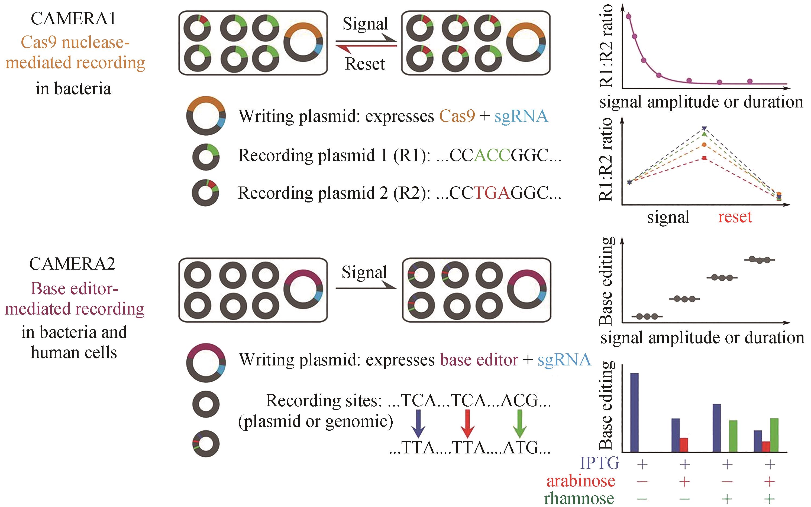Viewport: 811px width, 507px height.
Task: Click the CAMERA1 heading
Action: pyautogui.click(x=73, y=19)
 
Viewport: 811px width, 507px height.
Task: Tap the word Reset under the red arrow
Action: pyautogui.click(x=365, y=64)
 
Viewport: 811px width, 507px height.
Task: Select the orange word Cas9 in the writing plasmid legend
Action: pyautogui.click(x=457, y=116)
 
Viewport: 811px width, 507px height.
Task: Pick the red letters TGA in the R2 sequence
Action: pyautogui.click(x=492, y=193)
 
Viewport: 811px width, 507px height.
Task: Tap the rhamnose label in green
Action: pyautogui.click(x=579, y=499)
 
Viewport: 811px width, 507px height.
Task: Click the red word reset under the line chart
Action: pyautogui.click(x=735, y=217)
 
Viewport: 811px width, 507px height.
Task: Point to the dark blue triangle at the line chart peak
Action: pyautogui.click(x=704, y=128)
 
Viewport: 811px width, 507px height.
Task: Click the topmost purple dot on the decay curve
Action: pyautogui.click(x=628, y=16)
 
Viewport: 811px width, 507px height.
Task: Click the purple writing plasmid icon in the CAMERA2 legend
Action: pyautogui.click(x=206, y=362)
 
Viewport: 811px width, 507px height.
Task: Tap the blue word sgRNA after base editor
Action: pyautogui.click(x=564, y=360)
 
